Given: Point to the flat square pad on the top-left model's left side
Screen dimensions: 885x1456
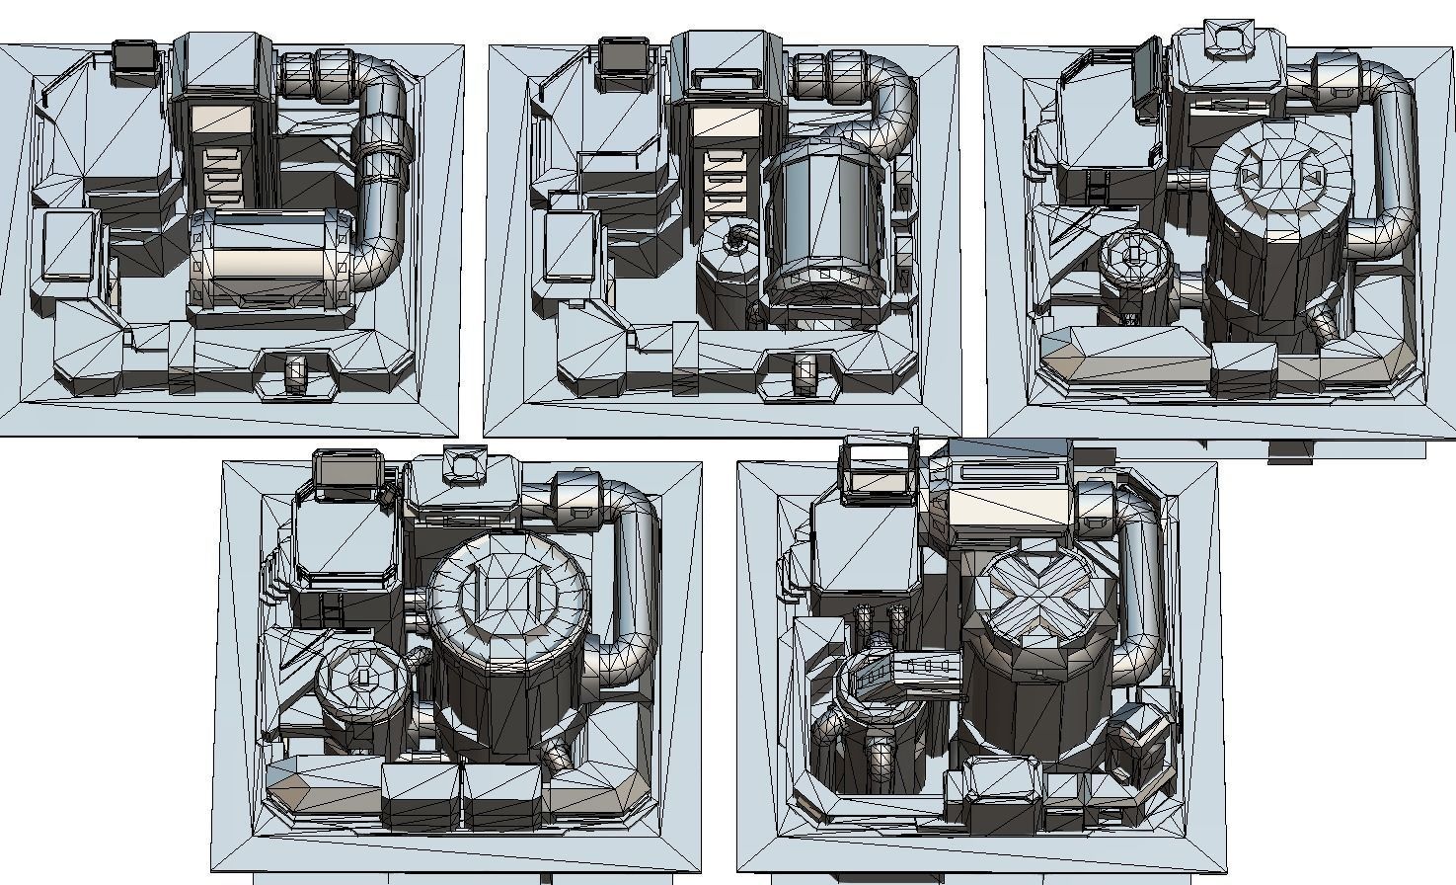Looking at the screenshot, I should coord(68,245).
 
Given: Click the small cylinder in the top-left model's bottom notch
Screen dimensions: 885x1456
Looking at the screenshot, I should coord(295,373).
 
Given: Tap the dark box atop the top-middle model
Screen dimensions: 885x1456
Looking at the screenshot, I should coord(623,55).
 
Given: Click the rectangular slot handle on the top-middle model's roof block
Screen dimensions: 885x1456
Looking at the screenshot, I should coord(727,78).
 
